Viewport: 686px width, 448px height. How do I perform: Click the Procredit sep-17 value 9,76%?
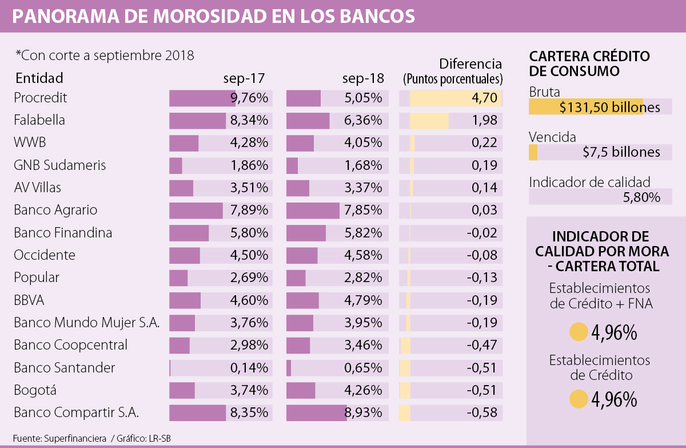(249, 98)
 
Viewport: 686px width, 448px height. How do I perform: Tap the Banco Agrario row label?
(55, 210)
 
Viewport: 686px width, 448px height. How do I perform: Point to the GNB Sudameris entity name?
(60, 165)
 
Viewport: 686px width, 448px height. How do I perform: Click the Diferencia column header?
(470, 64)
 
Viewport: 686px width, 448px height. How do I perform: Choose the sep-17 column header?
(244, 78)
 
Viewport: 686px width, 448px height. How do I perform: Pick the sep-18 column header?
(363, 78)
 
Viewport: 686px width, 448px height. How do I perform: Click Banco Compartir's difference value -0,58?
(481, 413)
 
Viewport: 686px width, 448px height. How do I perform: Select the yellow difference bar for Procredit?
(456, 98)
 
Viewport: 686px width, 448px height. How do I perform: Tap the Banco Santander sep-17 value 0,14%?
(249, 368)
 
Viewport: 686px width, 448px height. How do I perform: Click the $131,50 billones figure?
(609, 107)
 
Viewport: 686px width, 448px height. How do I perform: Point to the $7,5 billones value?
(621, 152)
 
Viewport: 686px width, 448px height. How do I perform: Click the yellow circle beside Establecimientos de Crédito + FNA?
(579, 332)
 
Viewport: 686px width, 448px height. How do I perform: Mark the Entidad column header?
(39, 78)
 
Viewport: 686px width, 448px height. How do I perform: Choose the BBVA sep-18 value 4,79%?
(363, 300)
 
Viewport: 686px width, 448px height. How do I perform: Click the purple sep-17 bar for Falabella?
(197, 121)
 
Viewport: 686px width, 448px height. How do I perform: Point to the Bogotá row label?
(35, 390)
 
